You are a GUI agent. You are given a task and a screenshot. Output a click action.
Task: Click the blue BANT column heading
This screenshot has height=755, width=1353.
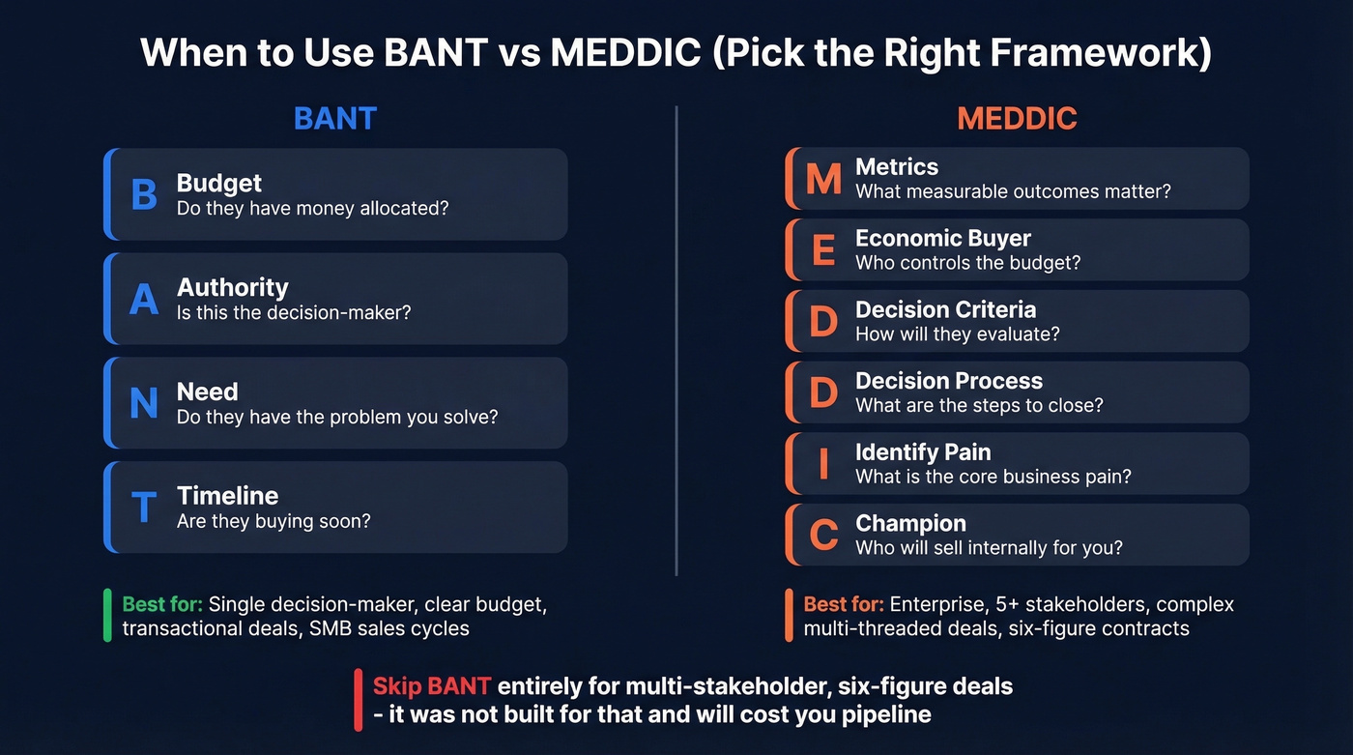pyautogui.click(x=334, y=118)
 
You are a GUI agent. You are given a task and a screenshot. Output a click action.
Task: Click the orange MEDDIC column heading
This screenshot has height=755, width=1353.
pyautogui.click(x=1017, y=118)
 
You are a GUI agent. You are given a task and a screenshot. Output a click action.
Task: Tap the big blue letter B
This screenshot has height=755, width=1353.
pyautogui.click(x=144, y=194)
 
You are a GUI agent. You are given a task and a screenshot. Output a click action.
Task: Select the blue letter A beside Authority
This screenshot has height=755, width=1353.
pyautogui.click(x=144, y=299)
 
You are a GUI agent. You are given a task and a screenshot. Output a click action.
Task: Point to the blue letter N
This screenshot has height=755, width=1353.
pyautogui.click(x=144, y=403)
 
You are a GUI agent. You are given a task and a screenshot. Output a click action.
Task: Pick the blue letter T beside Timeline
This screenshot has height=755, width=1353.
pyautogui.click(x=144, y=508)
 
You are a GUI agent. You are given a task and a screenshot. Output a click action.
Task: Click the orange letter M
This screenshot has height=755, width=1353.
pyautogui.click(x=823, y=178)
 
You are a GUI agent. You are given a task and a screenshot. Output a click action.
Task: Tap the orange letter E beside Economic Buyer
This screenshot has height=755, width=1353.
pyautogui.click(x=823, y=249)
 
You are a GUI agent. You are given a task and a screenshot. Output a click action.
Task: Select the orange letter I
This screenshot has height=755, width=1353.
pyautogui.click(x=823, y=463)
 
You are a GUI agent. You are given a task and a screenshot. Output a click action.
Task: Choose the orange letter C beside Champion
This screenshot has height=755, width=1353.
pyautogui.click(x=823, y=535)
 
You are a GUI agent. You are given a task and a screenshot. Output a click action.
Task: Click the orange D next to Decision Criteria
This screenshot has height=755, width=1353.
pyautogui.click(x=823, y=321)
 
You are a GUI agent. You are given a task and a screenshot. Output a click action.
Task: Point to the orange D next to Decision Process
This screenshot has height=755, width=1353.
pyautogui.click(x=823, y=392)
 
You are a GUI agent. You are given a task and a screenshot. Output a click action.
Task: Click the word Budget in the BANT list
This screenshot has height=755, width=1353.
pyautogui.click(x=219, y=183)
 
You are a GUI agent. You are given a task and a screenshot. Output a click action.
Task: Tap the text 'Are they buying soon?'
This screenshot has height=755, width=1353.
pyautogui.click(x=273, y=521)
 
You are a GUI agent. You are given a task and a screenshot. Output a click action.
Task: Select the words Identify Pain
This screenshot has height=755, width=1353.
pyautogui.click(x=923, y=451)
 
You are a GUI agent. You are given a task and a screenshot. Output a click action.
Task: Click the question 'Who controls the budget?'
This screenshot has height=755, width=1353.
pyautogui.click(x=967, y=262)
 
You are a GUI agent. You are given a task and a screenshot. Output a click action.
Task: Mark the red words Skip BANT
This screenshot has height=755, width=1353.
pyautogui.click(x=432, y=687)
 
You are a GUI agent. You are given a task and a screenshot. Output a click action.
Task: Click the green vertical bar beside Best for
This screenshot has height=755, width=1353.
pyautogui.click(x=108, y=616)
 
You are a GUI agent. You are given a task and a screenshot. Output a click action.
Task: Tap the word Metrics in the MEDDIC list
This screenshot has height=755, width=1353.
pyautogui.click(x=897, y=166)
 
